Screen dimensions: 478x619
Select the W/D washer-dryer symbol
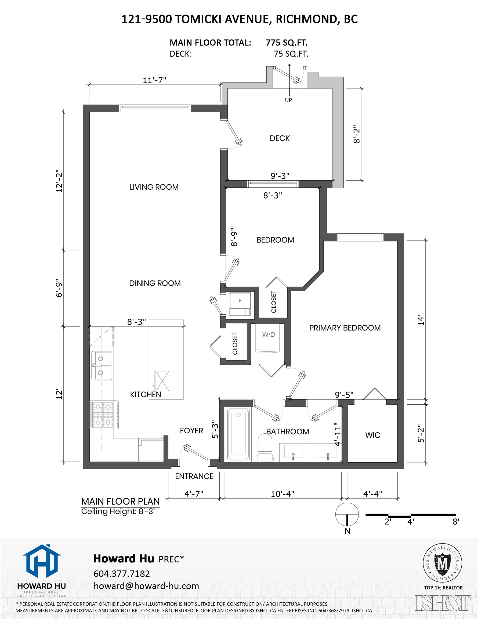(268, 337)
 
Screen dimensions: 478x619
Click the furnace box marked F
(240, 304)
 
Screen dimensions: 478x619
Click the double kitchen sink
(102, 366)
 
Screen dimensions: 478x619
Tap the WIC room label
(372, 435)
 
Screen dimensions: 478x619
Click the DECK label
(280, 138)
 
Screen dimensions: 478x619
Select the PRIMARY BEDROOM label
(345, 328)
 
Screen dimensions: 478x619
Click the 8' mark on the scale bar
(456, 522)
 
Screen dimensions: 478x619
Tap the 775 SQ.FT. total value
(287, 43)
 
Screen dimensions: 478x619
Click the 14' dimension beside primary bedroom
(421, 320)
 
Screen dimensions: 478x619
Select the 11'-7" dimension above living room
(154, 80)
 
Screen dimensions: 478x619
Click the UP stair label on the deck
(288, 100)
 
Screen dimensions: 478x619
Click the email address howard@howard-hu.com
(146, 586)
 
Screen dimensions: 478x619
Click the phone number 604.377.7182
(122, 574)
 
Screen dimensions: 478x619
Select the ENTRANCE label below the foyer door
(194, 476)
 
